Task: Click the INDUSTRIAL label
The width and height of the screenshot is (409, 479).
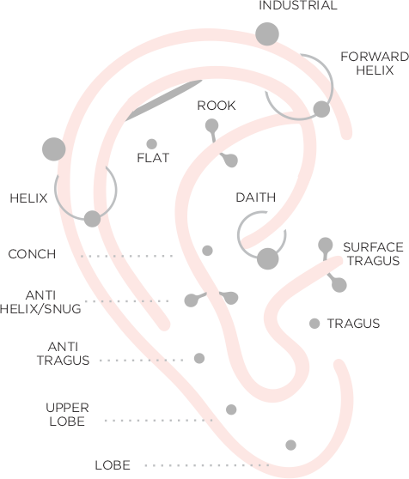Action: (x=298, y=5)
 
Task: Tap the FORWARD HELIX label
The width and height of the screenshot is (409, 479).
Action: (x=375, y=64)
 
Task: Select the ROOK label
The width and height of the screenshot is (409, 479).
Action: (x=217, y=106)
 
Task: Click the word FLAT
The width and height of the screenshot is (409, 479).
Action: (x=153, y=158)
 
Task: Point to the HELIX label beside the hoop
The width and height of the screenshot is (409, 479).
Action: (x=28, y=198)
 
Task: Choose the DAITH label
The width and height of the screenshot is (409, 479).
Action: (x=256, y=197)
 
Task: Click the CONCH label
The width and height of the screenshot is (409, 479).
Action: (x=32, y=254)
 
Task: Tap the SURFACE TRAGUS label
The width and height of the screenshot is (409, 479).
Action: (x=373, y=254)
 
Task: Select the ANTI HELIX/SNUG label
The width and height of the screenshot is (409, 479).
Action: (x=40, y=302)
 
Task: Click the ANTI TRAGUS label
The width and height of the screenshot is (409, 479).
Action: (x=64, y=354)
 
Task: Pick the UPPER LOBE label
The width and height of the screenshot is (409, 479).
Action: (x=67, y=415)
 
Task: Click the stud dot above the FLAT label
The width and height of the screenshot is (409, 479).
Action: (x=151, y=144)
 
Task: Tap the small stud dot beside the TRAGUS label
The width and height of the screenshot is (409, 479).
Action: (x=314, y=324)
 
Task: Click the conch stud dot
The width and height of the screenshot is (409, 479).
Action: (x=207, y=251)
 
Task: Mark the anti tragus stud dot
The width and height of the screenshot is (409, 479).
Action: (x=199, y=358)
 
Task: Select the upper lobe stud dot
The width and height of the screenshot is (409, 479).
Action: (x=231, y=409)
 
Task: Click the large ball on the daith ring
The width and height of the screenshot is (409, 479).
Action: (x=268, y=258)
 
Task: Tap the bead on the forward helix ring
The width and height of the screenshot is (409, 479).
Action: (x=321, y=109)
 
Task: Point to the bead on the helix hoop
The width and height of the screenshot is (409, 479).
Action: (x=92, y=219)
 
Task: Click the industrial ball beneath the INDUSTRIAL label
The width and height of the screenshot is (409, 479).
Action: (x=267, y=34)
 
